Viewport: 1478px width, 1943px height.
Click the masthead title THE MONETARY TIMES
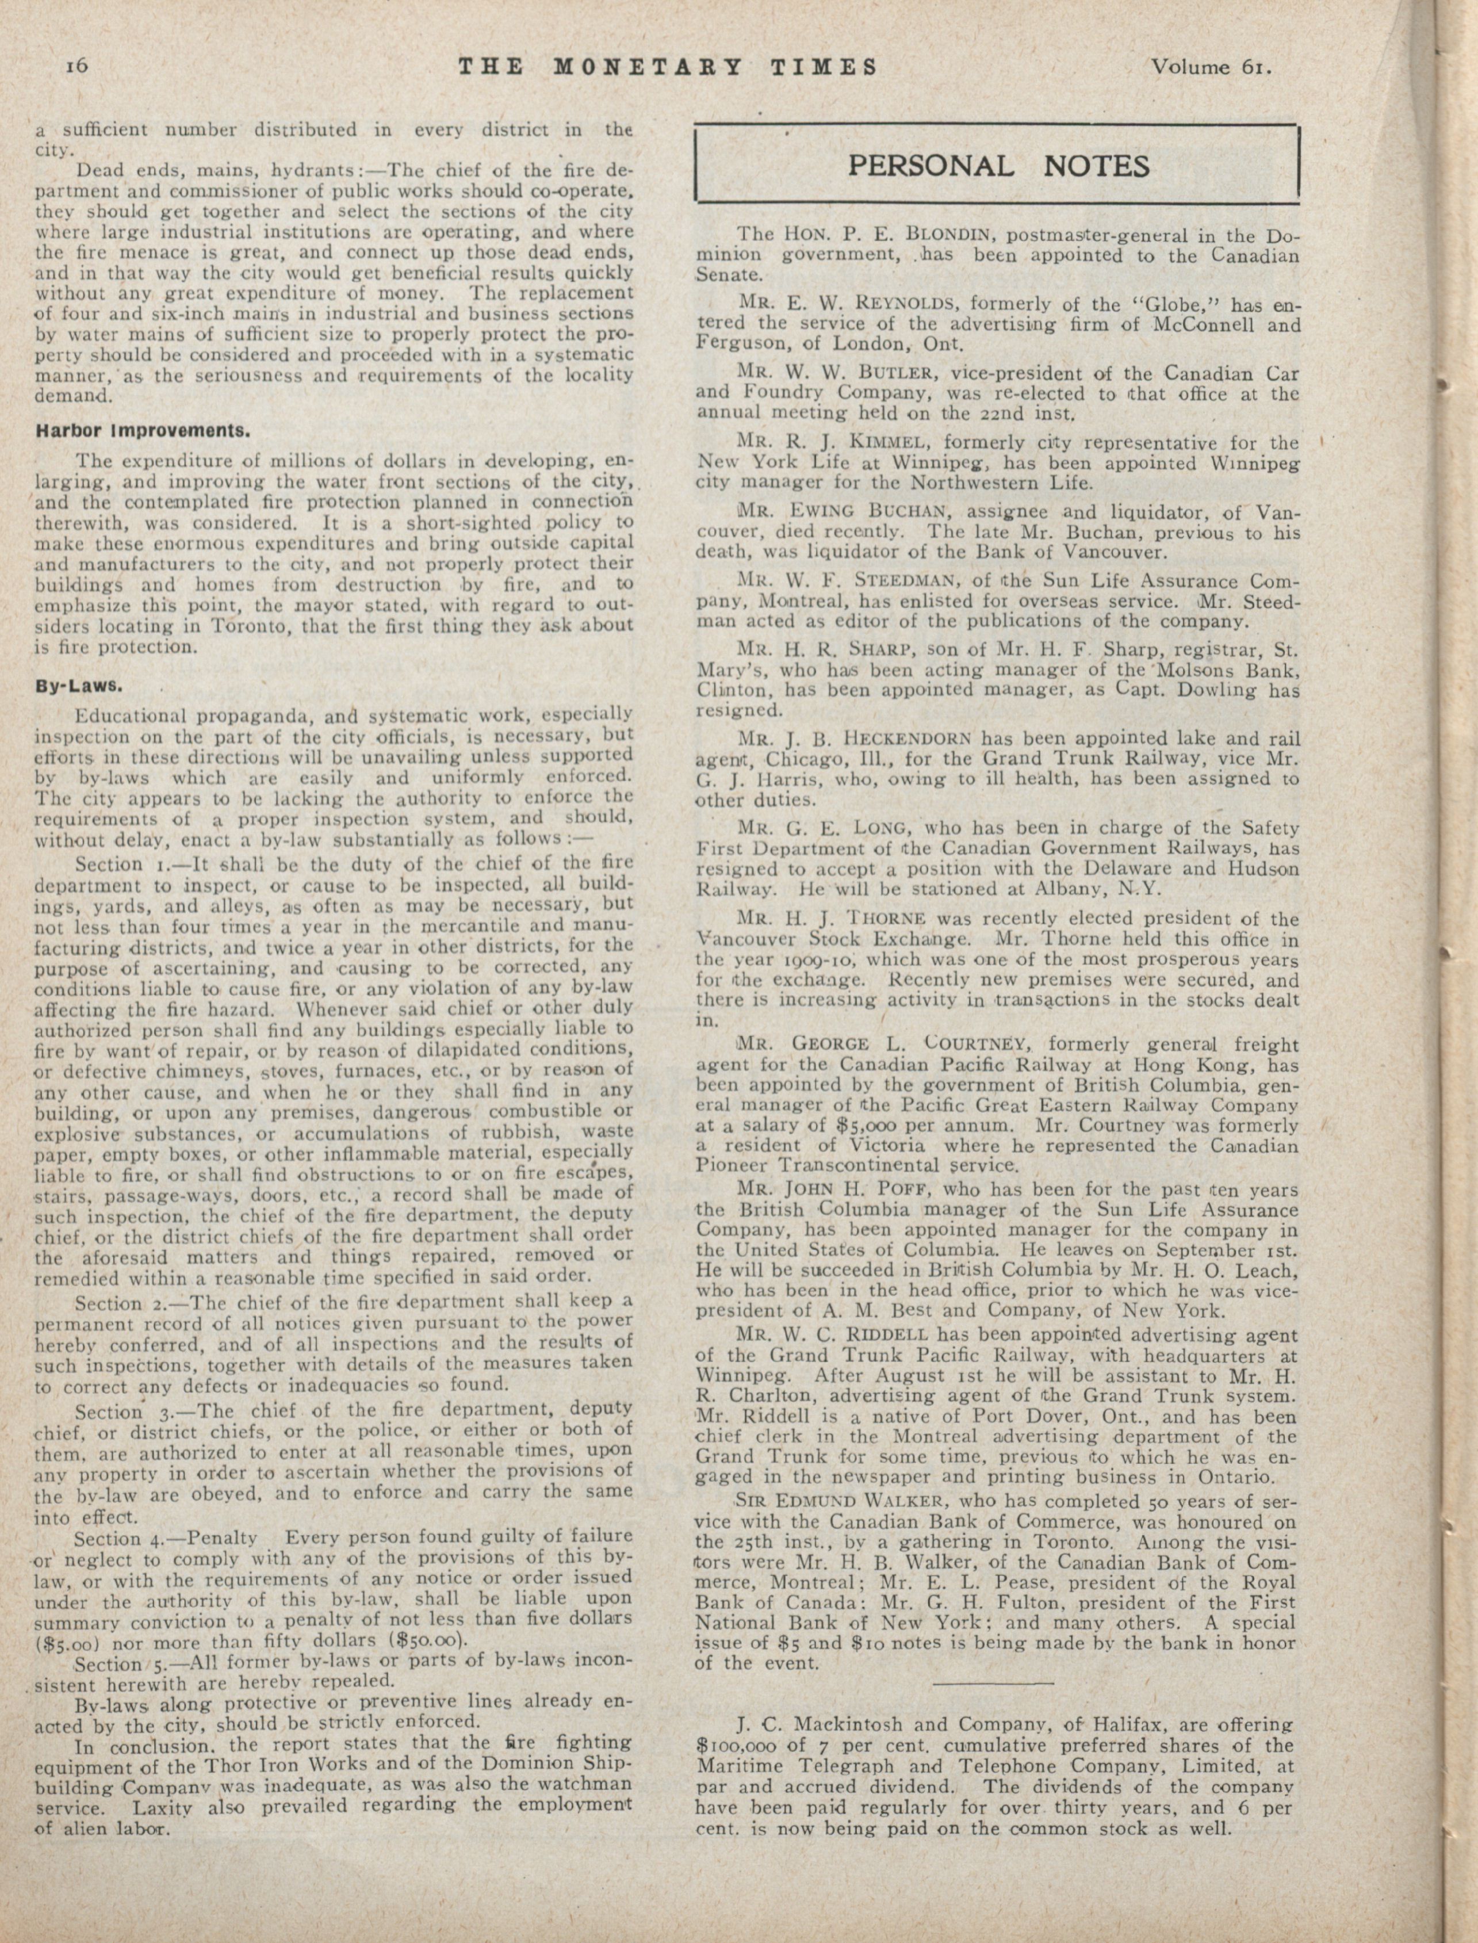click(669, 67)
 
